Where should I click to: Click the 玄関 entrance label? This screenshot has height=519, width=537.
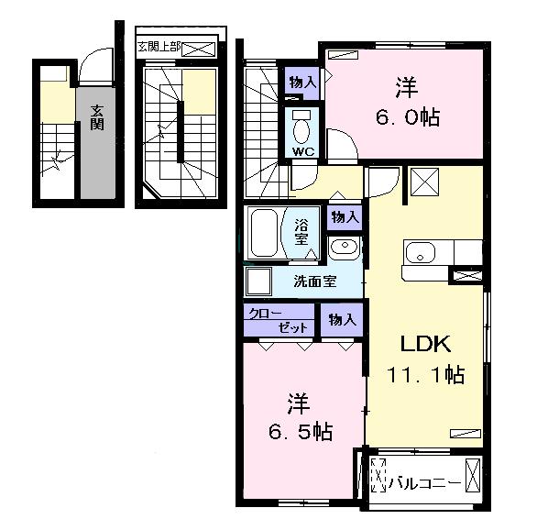97,117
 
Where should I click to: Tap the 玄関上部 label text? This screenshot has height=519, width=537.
159,47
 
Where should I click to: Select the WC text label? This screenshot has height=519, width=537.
303,151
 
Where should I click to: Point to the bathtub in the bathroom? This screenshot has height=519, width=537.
264,233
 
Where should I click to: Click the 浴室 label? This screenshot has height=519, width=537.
301,231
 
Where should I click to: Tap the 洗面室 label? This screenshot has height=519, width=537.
315,282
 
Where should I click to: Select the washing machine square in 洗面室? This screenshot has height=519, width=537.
258,282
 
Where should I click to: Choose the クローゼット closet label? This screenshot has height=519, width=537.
278,321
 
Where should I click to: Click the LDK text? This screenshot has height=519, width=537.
425,344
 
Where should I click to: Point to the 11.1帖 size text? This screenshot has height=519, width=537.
426,374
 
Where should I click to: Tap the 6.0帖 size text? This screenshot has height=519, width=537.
408,117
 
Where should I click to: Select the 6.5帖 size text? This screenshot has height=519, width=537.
301,431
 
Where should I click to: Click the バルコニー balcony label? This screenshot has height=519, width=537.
424,483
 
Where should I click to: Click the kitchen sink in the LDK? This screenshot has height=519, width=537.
420,253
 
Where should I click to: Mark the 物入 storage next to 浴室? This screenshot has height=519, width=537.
345,217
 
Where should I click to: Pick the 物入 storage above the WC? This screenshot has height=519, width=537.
302,83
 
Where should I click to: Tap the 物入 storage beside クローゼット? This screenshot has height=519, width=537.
342,320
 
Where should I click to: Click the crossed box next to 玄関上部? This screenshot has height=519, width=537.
199,50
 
